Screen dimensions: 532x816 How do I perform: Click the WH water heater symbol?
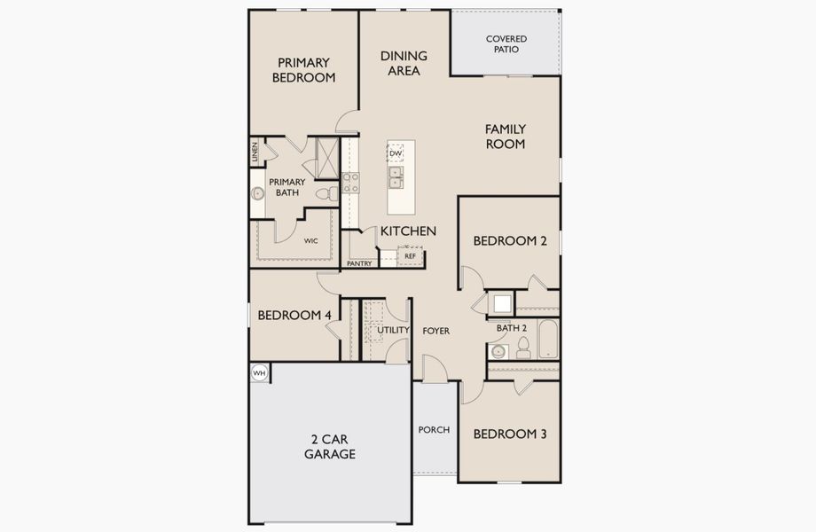tap(259, 373)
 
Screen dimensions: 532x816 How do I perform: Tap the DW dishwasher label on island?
tap(396, 153)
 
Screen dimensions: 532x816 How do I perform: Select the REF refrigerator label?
tap(410, 255)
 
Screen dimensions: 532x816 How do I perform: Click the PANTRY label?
tap(359, 263)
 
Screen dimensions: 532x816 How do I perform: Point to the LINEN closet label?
tap(255, 152)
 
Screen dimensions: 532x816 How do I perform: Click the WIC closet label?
tap(310, 240)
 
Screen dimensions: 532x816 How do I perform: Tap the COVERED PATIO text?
tap(506, 44)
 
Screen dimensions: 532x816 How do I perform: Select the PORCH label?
tap(434, 430)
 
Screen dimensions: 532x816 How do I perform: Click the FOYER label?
tap(435, 331)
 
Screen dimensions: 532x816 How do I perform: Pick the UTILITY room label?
tap(393, 331)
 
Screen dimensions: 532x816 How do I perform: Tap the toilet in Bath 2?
tap(523, 347)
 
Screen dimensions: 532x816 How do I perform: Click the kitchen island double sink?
tap(396, 177)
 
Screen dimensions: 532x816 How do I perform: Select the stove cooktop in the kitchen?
tap(351, 183)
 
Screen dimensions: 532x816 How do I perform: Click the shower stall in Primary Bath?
tap(326, 158)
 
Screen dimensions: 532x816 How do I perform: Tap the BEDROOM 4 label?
tap(294, 315)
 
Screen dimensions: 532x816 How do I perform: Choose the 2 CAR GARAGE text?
tap(330, 446)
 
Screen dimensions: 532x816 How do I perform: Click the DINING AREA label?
tap(404, 63)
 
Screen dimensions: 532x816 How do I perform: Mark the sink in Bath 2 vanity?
tap(498, 351)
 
